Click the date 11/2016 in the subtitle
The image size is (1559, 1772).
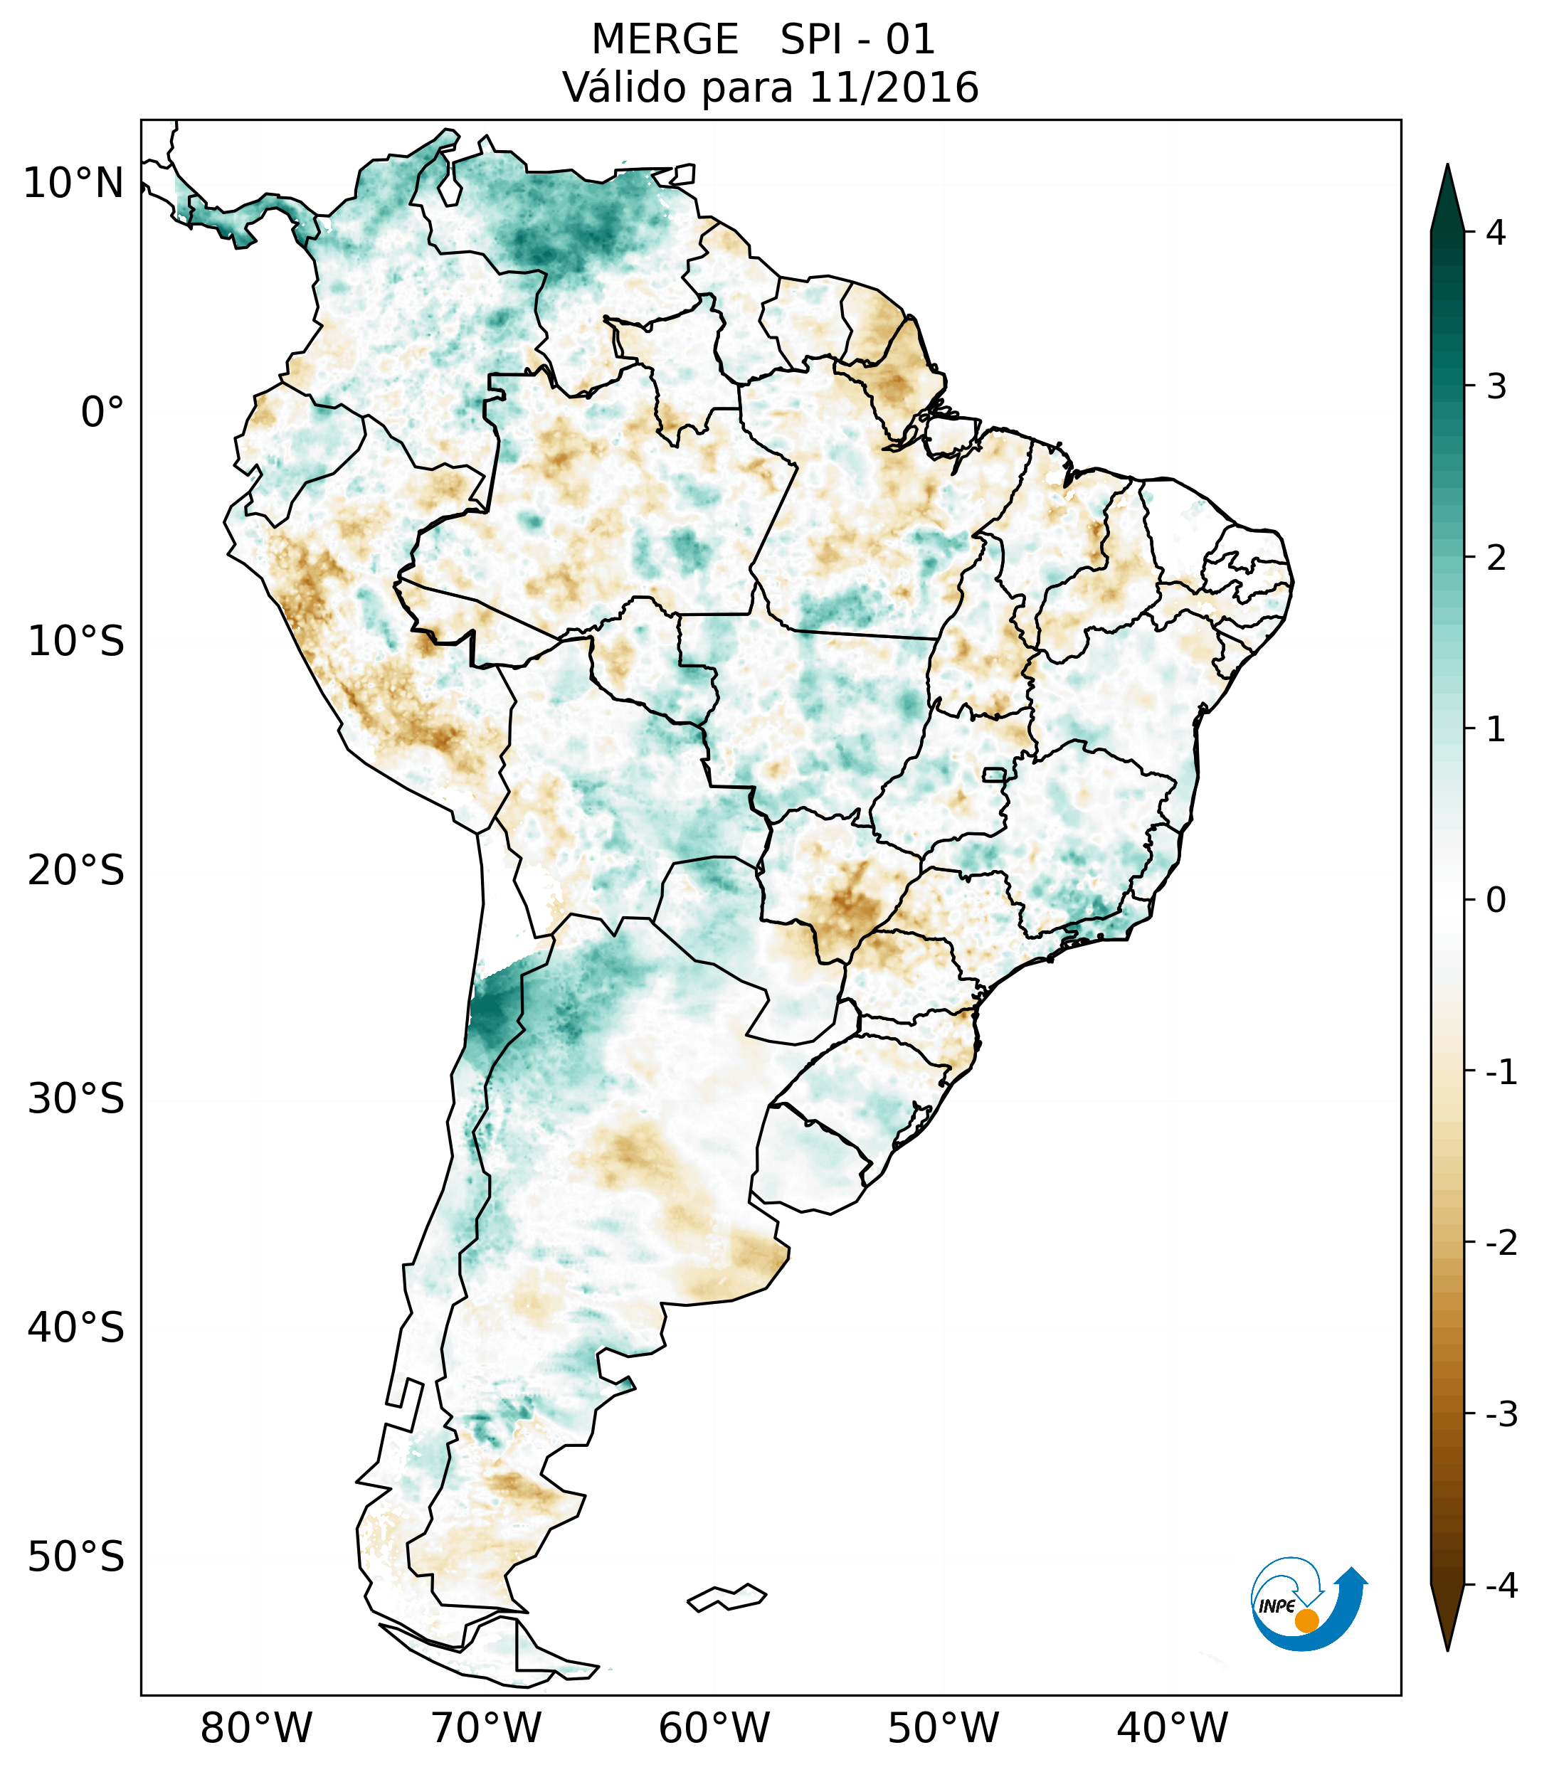click(x=893, y=87)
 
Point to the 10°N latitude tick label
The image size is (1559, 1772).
click(x=74, y=184)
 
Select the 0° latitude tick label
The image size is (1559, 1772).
click(x=102, y=412)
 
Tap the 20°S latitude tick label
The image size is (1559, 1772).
click(x=76, y=871)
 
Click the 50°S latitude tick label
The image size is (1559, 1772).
click(x=76, y=1558)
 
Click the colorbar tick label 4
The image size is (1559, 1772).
click(x=1496, y=233)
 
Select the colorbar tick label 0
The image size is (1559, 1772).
click(x=1496, y=901)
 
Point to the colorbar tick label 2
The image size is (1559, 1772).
click(x=1496, y=558)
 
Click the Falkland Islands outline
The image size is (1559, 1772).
click(x=726, y=1597)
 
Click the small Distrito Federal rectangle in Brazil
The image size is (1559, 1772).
click(x=995, y=774)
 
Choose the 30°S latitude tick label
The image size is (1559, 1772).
click(x=76, y=1099)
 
